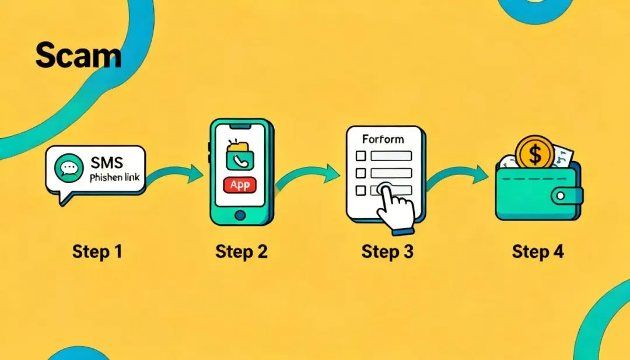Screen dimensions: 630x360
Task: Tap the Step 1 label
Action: [x=97, y=252]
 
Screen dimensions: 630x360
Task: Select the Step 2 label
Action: [x=241, y=252]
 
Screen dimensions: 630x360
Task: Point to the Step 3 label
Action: [x=387, y=252]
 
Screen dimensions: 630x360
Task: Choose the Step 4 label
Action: [x=538, y=252]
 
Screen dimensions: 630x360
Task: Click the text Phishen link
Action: [x=114, y=177]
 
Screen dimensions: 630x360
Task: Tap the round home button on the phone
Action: [x=240, y=215]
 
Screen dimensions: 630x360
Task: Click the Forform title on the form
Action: [x=383, y=140]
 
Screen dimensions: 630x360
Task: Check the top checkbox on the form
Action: [x=361, y=156]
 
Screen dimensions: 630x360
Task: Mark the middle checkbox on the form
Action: [x=361, y=173]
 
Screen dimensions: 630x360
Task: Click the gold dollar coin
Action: [x=534, y=154]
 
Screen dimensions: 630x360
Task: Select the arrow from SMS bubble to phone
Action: [x=178, y=173]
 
